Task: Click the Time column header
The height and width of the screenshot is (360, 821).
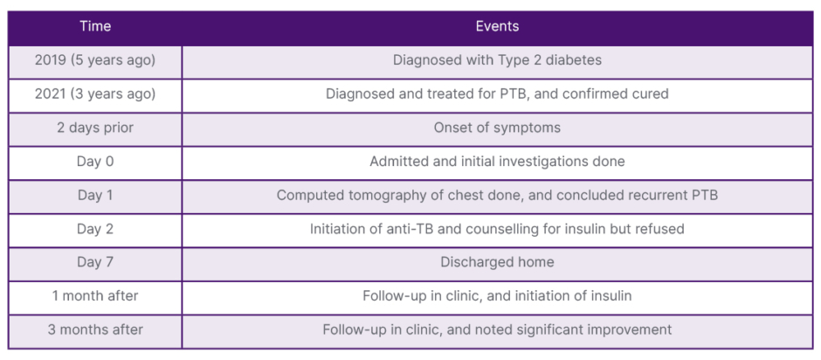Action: pyautogui.click(x=95, y=26)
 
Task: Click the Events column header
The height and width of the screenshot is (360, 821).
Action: pyautogui.click(x=497, y=26)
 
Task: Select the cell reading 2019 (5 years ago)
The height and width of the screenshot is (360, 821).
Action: pyautogui.click(x=95, y=60)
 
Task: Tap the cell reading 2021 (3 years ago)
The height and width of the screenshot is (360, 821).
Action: pyautogui.click(x=95, y=93)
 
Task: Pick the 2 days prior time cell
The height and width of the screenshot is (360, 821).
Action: pyautogui.click(x=95, y=128)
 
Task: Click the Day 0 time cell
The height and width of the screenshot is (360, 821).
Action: pyautogui.click(x=95, y=162)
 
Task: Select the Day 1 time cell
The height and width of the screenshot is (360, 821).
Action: pyautogui.click(x=95, y=195)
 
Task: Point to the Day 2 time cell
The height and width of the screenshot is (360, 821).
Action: pyautogui.click(x=95, y=229)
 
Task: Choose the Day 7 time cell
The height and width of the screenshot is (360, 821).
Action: pyautogui.click(x=95, y=262)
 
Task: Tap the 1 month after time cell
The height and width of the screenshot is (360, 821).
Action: pyautogui.click(x=95, y=296)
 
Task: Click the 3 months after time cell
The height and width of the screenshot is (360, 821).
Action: pyautogui.click(x=95, y=329)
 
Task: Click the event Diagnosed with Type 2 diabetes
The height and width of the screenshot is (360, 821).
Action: pyautogui.click(x=497, y=60)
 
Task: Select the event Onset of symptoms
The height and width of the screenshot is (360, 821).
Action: pyautogui.click(x=497, y=128)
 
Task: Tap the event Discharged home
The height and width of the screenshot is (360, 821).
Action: pyautogui.click(x=497, y=262)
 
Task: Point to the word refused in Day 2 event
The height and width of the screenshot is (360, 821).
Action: pyautogui.click(x=664, y=229)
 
